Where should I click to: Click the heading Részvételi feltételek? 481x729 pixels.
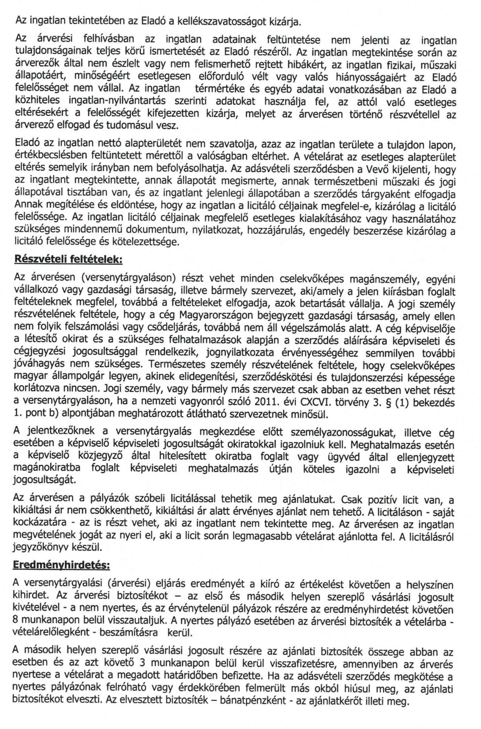[68, 259]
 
